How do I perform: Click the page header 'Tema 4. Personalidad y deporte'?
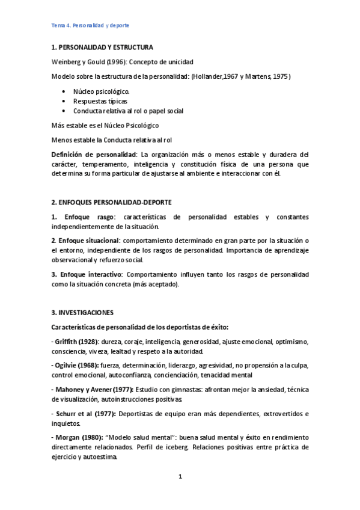(x=90, y=26)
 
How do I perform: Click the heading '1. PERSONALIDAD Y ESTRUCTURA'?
(x=102, y=47)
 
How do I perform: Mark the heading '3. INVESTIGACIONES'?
(x=82, y=313)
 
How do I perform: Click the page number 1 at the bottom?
(x=180, y=477)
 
